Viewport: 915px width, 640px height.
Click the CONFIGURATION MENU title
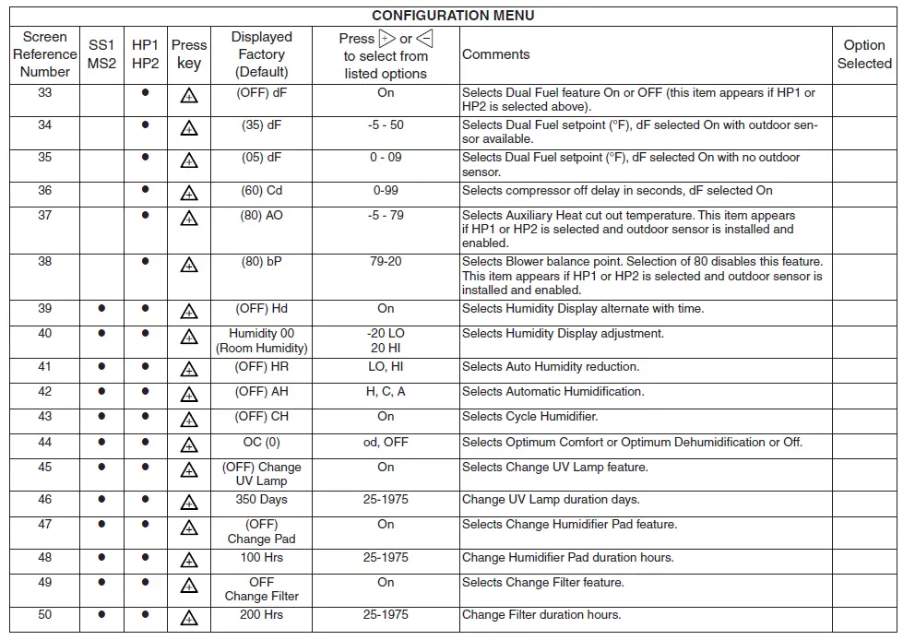pos(453,16)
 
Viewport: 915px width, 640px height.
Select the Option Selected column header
pos(864,54)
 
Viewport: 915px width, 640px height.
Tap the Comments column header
pos(496,54)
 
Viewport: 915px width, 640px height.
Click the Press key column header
pos(189,54)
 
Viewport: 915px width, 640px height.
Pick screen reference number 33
pos(45,93)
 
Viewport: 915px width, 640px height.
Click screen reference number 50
pos(45,615)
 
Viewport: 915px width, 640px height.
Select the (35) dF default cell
pos(261,125)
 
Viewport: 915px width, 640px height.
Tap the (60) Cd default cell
pos(261,191)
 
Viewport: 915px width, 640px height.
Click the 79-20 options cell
pos(386,262)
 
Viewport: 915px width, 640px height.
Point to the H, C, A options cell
pos(386,392)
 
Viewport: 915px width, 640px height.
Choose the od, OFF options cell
pos(386,443)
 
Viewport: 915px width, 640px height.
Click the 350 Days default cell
pos(261,500)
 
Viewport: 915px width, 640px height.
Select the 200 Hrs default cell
pos(261,615)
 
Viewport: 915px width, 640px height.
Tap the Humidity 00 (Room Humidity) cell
pos(261,341)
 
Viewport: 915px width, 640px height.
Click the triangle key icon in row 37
pos(189,219)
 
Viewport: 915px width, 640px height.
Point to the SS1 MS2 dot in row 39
pos(102,309)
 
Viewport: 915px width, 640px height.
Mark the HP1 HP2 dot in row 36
pos(145,192)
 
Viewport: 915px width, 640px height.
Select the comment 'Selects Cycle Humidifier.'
pos(529,417)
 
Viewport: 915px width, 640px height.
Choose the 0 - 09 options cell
pos(386,158)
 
